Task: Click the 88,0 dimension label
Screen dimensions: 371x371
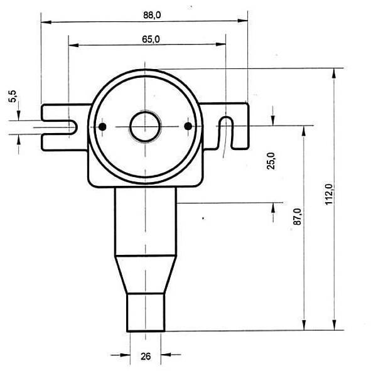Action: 152,15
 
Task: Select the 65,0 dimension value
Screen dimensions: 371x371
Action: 151,40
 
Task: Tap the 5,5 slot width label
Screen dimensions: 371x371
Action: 13,96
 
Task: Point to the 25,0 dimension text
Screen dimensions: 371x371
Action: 271,161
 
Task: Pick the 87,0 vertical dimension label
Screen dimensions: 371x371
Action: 298,217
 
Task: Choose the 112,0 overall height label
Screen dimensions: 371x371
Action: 329,194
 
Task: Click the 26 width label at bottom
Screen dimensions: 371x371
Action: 146,356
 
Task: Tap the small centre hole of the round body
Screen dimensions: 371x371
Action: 145,127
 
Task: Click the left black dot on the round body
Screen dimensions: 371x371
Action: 102,127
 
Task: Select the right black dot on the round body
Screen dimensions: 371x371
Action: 188,126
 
